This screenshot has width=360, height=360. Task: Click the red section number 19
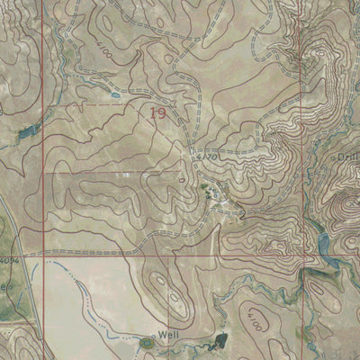click(x=158, y=113)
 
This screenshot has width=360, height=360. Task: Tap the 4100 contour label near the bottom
click(x=256, y=319)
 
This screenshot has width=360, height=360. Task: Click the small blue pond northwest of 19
click(x=113, y=93)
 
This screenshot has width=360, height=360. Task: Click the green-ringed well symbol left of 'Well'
click(x=148, y=341)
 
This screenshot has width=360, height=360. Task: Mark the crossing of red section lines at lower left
click(x=43, y=255)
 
